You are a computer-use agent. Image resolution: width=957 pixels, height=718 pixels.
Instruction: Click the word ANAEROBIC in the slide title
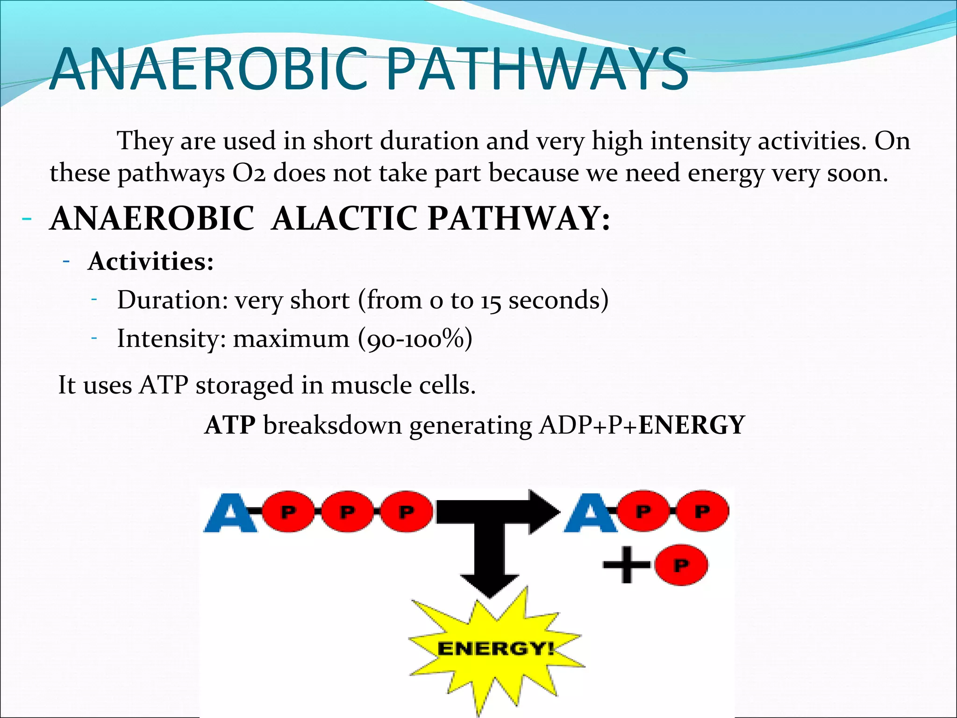coord(208,69)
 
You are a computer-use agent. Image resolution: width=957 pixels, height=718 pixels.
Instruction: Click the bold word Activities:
coord(150,261)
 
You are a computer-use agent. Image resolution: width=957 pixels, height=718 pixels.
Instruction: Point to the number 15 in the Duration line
coord(491,301)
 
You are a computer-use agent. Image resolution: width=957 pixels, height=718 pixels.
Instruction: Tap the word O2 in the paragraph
coord(249,173)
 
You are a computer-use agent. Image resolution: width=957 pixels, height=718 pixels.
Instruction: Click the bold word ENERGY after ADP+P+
coord(692,425)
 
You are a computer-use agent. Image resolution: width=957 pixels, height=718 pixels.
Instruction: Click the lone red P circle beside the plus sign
coord(681,565)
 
